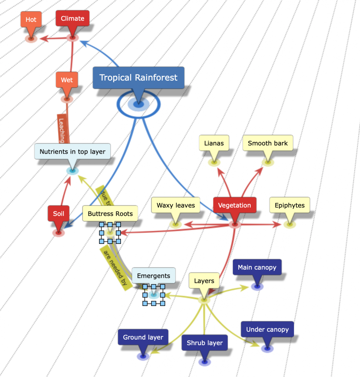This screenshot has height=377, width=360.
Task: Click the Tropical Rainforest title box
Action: [138, 78]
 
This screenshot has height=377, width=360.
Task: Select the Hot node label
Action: [31, 19]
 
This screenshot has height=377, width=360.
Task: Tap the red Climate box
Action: [73, 19]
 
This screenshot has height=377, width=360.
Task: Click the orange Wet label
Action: [67, 80]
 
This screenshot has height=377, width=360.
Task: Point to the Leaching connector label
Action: [62, 130]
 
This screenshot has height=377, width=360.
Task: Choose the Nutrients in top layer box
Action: [73, 152]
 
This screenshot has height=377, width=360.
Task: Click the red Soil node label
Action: [58, 214]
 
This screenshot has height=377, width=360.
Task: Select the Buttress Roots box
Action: [110, 214]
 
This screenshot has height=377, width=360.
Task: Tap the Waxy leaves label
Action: [176, 205]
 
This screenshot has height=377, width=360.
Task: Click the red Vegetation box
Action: [235, 205]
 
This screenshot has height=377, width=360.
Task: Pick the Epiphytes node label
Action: [290, 205]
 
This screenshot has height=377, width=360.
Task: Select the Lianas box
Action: [214, 143]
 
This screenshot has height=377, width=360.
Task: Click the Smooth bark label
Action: [268, 143]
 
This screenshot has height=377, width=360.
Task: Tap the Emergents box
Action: [154, 276]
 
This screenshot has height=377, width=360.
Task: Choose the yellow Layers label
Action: [204, 281]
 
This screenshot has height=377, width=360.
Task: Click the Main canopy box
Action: [257, 267]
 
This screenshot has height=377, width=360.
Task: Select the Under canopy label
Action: [267, 330]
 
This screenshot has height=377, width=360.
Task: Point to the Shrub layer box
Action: [205, 343]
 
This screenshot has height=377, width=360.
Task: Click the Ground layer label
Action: [143, 337]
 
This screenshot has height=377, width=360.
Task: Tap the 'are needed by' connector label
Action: [115, 268]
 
